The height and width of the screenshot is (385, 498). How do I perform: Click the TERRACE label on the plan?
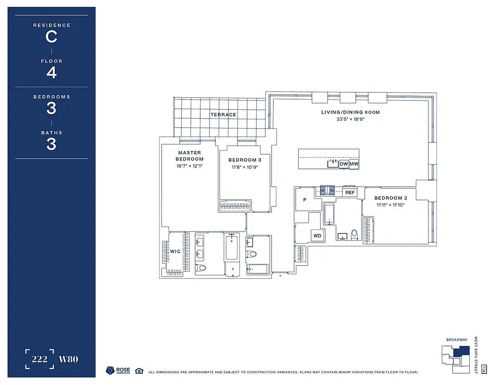[223, 115]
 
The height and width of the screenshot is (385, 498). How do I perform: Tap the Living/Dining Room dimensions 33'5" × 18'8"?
[350, 119]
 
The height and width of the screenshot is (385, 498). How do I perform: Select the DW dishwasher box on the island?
[344, 164]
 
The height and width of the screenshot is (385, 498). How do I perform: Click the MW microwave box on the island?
[354, 164]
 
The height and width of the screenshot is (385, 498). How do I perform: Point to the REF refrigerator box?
[350, 192]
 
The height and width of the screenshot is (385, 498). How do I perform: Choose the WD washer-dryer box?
[317, 236]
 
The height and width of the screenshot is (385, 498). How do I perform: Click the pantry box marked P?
[305, 200]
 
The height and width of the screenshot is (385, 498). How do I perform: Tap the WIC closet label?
[175, 252]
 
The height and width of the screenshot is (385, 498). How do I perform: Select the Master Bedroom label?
[189, 155]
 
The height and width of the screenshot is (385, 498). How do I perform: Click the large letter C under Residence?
[51, 37]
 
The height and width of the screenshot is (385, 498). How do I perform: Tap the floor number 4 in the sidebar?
[51, 73]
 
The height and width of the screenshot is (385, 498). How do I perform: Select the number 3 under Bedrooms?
[51, 109]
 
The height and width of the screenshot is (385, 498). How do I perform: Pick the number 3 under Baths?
[51, 144]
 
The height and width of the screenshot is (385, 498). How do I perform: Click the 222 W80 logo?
[51, 359]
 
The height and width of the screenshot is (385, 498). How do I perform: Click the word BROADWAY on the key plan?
[456, 340]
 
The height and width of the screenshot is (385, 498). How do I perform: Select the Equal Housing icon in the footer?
[139, 371]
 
